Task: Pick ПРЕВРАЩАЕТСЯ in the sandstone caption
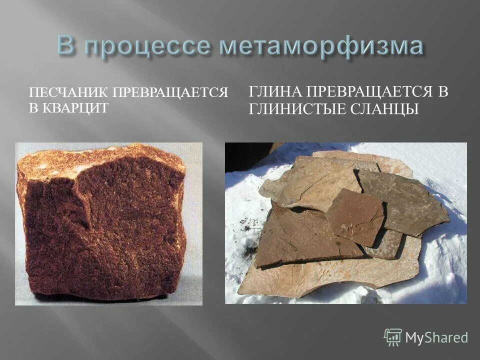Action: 170,93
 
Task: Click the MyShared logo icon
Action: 393,337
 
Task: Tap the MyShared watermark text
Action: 436,337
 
